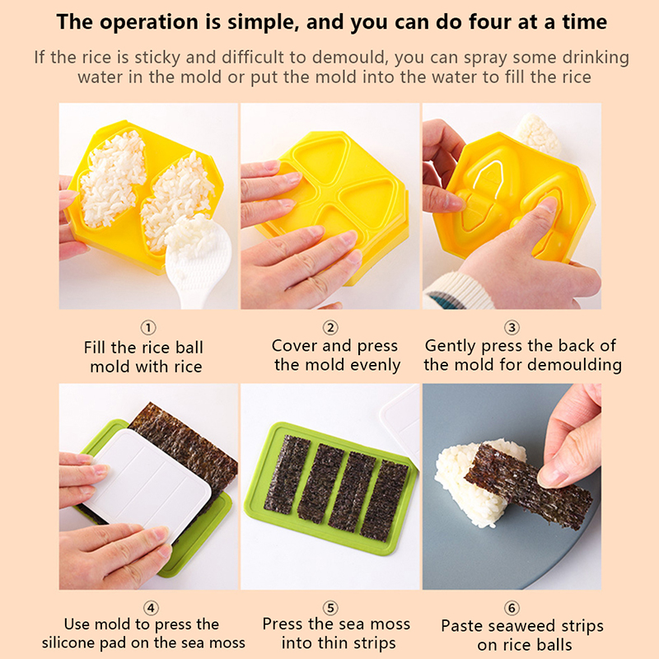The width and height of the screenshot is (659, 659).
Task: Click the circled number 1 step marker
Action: (x=148, y=327)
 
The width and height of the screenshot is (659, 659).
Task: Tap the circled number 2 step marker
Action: (x=330, y=327)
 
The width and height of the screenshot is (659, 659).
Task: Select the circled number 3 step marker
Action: (x=512, y=327)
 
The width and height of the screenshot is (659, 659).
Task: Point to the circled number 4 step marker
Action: (x=151, y=608)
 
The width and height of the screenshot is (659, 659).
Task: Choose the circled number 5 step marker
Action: (x=330, y=608)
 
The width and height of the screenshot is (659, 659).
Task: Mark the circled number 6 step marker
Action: (x=512, y=608)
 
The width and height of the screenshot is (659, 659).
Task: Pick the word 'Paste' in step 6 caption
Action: (x=461, y=626)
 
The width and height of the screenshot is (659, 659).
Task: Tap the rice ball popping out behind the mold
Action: (x=538, y=133)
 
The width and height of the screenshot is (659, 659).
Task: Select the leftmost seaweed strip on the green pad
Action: (x=287, y=475)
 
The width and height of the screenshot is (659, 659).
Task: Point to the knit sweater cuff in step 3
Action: (x=458, y=292)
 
